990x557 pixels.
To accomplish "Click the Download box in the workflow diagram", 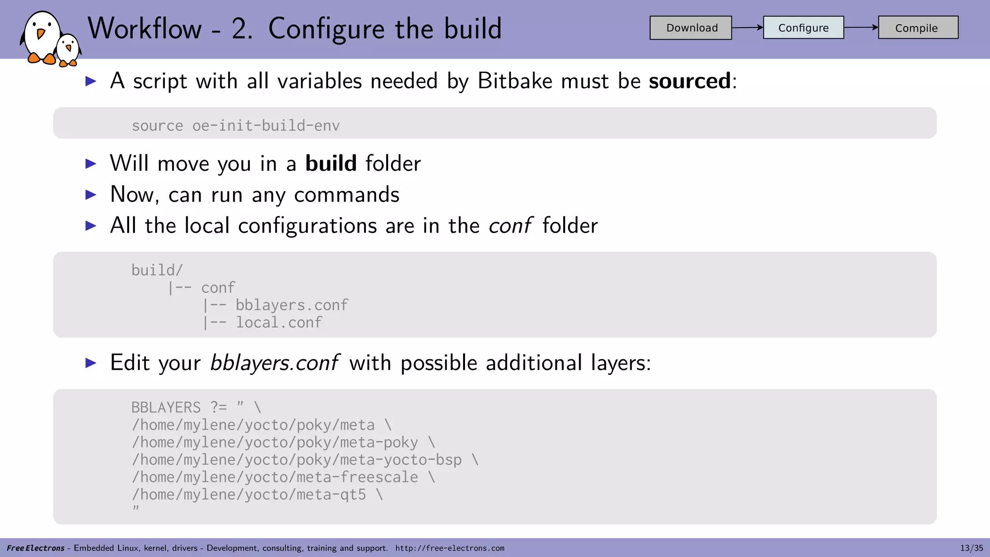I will pyautogui.click(x=690, y=28).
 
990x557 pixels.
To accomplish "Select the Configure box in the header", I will pyautogui.click(x=803, y=28).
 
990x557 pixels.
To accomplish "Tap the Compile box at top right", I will pyautogui.click(x=917, y=28).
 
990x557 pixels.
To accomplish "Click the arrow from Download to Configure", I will pyautogui.click(x=747, y=28).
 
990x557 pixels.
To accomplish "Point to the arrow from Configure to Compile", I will pyautogui.click(x=861, y=27).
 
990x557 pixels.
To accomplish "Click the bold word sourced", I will pyautogui.click(x=689, y=81).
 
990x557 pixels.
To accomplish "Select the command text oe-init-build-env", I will pyautogui.click(x=266, y=126).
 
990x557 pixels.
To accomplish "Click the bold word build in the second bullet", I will pyautogui.click(x=331, y=163).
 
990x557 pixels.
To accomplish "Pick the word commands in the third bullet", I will pyautogui.click(x=347, y=194).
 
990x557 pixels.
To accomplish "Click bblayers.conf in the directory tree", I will pyautogui.click(x=291, y=305).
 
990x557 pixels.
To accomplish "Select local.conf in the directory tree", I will pyautogui.click(x=278, y=322).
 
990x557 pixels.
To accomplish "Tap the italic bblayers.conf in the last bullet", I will pyautogui.click(x=274, y=363).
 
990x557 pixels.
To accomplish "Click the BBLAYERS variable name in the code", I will pyautogui.click(x=166, y=408).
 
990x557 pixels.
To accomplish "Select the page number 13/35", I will pyautogui.click(x=971, y=548).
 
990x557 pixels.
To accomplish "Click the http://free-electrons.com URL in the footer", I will pyautogui.click(x=450, y=548).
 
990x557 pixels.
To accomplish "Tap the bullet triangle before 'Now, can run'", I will pyautogui.click(x=91, y=195).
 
